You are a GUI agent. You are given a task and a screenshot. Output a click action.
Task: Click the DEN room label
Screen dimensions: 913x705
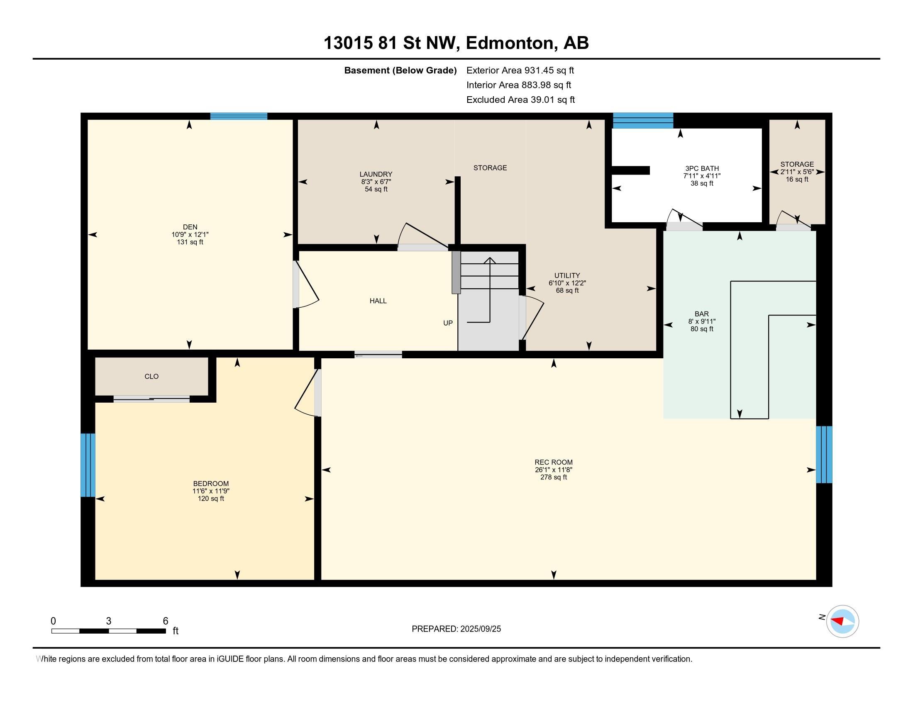coord(190,227)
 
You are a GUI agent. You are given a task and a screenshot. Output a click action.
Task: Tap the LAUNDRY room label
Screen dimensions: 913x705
coord(376,174)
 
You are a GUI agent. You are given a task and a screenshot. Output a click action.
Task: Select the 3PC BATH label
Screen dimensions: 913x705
coord(701,168)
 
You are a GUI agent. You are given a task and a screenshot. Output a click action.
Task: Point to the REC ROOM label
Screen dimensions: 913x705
coord(554,462)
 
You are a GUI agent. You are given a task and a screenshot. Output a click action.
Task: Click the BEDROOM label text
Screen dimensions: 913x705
coord(211,484)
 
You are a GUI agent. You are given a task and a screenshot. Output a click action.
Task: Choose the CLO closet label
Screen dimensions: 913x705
coord(151,376)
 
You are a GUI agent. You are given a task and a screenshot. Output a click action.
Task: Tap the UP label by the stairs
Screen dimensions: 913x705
coord(448,323)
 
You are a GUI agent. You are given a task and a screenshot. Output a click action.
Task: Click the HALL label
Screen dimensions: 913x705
coord(378,301)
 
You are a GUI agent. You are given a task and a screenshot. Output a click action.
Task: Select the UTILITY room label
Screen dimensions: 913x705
coord(567,275)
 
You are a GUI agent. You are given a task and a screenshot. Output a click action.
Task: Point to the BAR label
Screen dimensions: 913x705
coord(701,314)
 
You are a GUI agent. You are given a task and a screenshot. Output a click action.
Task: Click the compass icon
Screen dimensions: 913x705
coord(842,621)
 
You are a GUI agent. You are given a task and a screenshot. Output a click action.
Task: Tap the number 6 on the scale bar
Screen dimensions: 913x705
coord(166,621)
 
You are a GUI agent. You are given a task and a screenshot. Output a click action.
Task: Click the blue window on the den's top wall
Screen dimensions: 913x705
coord(239,116)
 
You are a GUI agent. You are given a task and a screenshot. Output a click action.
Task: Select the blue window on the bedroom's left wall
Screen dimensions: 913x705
coord(88,465)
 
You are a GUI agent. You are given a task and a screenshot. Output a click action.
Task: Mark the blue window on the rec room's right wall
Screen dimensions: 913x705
coord(824,455)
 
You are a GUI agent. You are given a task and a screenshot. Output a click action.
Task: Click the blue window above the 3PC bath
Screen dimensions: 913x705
coord(643,120)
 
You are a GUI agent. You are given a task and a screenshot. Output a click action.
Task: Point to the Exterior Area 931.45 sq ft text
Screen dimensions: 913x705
coord(520,70)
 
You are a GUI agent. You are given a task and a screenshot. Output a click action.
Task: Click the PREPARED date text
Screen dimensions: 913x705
coord(456,629)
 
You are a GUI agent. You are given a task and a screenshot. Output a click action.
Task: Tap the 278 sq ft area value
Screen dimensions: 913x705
coord(554,477)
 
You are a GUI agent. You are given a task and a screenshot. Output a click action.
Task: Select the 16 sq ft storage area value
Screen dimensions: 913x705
coord(797,179)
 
